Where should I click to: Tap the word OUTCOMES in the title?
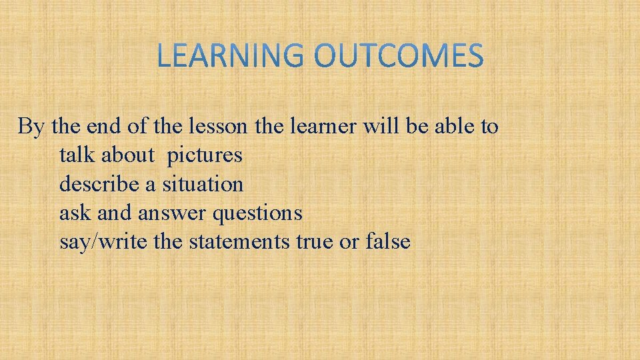click(x=399, y=56)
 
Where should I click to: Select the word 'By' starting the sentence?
click(x=30, y=126)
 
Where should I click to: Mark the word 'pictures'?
click(x=205, y=155)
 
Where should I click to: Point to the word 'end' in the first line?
click(x=98, y=126)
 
